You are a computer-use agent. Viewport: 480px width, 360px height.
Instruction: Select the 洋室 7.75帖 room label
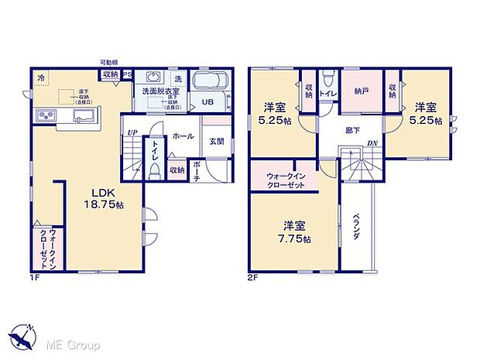[293, 231]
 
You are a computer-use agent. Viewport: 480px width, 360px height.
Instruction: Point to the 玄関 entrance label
[217, 142]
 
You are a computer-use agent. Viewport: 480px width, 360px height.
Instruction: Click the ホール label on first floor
[183, 135]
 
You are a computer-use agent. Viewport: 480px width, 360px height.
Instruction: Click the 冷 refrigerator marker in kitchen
[41, 77]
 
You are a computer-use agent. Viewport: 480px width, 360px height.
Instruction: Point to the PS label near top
[127, 75]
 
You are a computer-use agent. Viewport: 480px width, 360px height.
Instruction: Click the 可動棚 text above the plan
[108, 61]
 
